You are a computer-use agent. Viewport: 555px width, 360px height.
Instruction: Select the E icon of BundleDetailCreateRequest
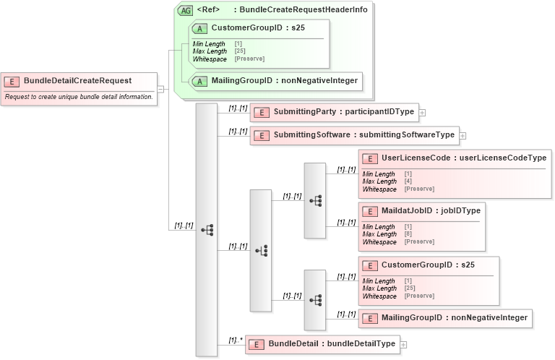12,81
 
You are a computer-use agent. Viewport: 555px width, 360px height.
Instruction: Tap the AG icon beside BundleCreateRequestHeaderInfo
185,10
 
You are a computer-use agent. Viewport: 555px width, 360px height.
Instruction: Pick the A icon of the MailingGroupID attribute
199,81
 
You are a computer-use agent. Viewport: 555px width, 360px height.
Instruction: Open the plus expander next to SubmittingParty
423,113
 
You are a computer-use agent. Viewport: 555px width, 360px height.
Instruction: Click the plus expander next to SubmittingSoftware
463,135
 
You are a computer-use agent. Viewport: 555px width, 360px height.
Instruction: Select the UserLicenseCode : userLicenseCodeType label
463,158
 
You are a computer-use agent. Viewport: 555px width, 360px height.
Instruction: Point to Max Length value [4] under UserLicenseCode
408,181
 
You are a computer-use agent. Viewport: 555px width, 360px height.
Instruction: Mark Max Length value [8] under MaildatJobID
408,235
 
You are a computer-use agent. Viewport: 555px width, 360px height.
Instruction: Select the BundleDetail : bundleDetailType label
332,343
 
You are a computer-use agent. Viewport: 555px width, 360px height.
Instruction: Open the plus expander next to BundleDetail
403,344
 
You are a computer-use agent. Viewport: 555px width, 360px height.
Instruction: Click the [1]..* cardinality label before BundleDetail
235,339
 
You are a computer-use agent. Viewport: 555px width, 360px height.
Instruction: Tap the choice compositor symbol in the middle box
261,251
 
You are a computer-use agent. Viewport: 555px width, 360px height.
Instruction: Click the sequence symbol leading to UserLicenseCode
315,201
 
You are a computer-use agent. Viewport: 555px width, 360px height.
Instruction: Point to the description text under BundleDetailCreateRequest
78,96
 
